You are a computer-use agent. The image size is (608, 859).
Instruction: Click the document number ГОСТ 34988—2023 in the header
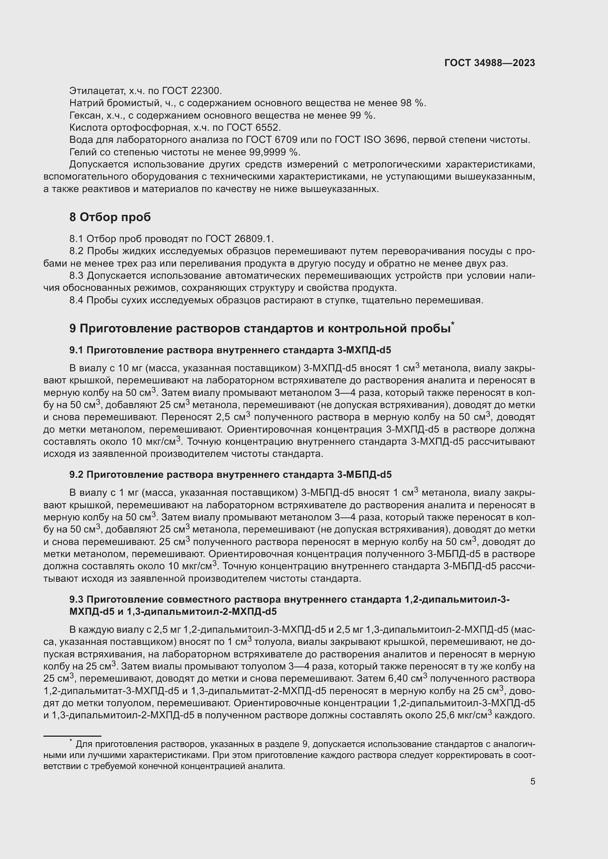(x=489, y=63)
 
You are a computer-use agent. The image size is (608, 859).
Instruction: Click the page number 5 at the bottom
(x=532, y=782)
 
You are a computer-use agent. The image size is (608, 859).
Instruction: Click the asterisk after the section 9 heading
(x=453, y=324)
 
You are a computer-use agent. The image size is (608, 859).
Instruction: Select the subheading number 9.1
(x=76, y=350)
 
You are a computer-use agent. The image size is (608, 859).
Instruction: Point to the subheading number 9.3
(x=76, y=599)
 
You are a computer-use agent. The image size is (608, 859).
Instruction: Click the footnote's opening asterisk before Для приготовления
(x=71, y=741)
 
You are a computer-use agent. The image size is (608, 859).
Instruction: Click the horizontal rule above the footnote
(x=72, y=736)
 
